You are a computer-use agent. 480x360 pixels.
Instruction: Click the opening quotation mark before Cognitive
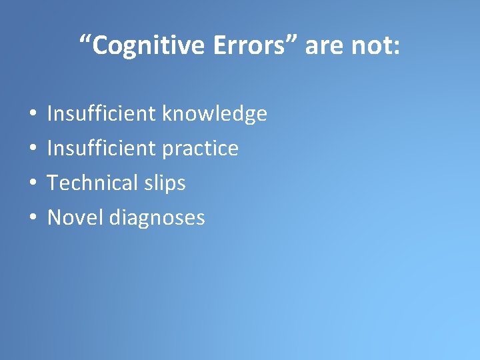point(85,39)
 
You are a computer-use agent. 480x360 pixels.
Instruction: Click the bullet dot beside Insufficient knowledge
point(33,115)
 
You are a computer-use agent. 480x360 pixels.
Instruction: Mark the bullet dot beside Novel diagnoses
point(33,218)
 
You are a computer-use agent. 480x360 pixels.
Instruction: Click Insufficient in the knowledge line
point(102,114)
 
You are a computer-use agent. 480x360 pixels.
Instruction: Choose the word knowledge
point(215,115)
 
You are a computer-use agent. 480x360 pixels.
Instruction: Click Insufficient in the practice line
point(102,149)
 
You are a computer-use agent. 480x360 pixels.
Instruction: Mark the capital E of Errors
point(221,45)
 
